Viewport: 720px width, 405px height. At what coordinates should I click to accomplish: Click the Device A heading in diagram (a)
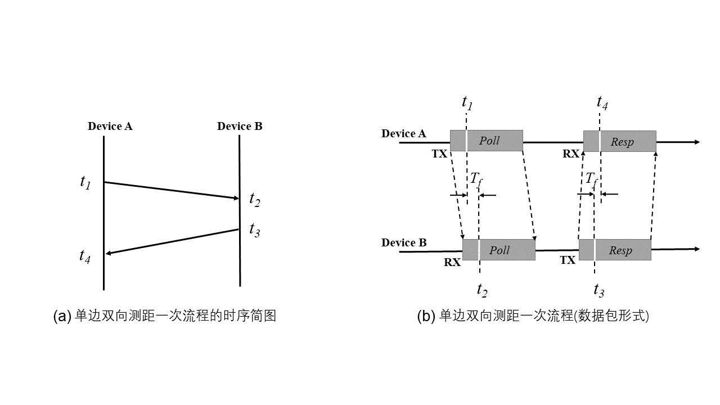coord(110,126)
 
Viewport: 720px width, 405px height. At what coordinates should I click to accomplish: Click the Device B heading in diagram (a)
coord(240,126)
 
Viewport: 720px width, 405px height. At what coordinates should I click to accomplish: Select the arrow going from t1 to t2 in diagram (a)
coord(172,190)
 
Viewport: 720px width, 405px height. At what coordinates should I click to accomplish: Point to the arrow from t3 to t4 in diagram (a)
coord(172,241)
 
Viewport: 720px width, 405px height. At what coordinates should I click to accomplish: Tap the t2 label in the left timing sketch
coord(255,200)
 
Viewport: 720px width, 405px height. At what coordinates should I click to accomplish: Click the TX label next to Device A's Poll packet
coord(439,153)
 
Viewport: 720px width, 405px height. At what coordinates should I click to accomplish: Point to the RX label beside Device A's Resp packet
coord(570,153)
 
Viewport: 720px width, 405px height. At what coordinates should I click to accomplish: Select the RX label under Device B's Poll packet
coord(452,262)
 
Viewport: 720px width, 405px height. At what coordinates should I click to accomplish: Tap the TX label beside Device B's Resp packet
coord(568,260)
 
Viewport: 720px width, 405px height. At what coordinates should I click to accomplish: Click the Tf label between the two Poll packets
coord(476,179)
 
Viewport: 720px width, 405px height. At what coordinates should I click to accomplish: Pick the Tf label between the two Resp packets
coord(591,179)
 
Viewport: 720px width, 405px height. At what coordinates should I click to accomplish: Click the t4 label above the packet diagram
coord(602,102)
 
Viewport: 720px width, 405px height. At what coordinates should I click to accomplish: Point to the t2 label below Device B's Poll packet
coord(482,290)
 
